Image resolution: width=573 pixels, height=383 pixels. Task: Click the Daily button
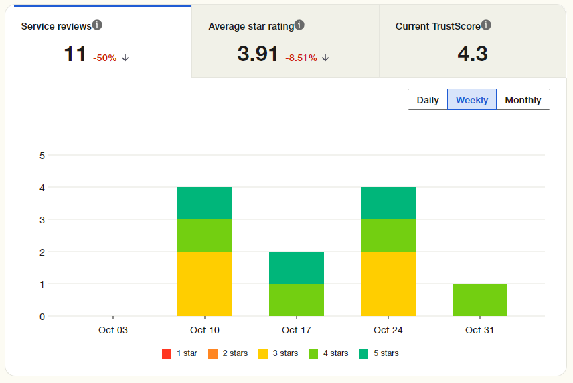point(428,100)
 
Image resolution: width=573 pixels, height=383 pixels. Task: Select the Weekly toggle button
point(472,100)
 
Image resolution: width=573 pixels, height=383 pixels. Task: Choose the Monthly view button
point(523,100)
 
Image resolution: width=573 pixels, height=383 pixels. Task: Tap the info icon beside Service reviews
point(97,25)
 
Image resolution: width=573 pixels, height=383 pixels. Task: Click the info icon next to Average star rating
point(299,25)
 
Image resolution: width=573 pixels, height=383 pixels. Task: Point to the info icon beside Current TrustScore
point(486,25)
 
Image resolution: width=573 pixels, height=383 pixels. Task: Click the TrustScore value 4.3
point(472,54)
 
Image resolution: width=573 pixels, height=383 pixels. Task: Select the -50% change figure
point(105,58)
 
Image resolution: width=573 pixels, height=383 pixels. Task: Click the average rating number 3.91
point(258,54)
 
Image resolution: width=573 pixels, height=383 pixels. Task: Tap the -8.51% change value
point(301,58)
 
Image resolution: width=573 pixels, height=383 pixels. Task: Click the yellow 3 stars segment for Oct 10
point(205,283)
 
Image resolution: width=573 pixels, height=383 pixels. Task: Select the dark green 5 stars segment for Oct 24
point(388,203)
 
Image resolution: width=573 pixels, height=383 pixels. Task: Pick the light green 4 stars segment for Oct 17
point(297,299)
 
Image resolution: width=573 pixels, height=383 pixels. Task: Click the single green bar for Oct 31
point(480,299)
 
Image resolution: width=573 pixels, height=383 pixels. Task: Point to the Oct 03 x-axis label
point(112,330)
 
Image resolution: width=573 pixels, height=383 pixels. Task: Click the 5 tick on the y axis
point(42,156)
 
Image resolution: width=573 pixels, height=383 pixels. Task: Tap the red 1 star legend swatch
point(167,353)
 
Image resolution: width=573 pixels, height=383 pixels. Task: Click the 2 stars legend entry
point(228,353)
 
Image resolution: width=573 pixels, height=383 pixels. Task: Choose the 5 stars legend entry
point(379,353)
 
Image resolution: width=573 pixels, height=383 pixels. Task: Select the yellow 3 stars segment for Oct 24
point(388,283)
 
